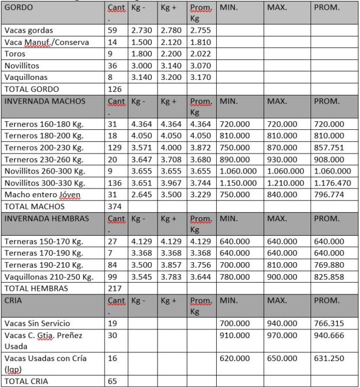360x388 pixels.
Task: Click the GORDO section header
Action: [x=18, y=8]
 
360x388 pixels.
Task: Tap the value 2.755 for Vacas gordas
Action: [x=201, y=30]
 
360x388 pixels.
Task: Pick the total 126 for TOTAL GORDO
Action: [x=115, y=89]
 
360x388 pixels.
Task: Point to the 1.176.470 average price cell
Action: [x=332, y=183]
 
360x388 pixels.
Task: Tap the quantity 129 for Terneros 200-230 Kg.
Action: [x=115, y=148]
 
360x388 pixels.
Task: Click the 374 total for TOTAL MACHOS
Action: [x=115, y=206]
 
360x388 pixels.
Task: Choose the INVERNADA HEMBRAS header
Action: [x=47, y=218]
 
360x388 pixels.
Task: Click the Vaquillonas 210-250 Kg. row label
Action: [x=48, y=276]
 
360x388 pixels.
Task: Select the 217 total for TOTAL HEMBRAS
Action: [x=115, y=289]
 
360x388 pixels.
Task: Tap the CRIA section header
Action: [x=14, y=301]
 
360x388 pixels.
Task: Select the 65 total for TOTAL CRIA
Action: [x=113, y=381]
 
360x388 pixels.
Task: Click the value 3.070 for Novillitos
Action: [x=201, y=66]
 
